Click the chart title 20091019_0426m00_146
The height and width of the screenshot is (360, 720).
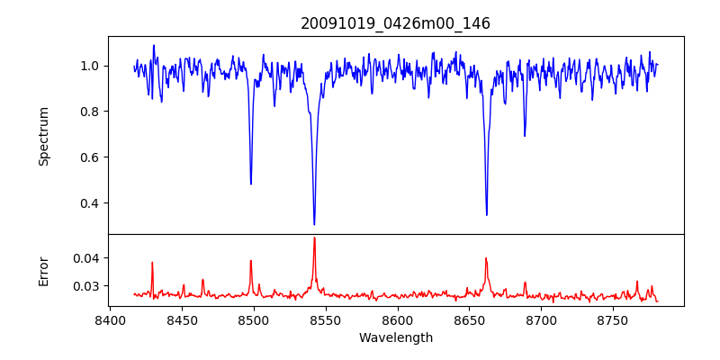[395, 23]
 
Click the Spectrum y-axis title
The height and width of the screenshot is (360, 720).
[43, 136]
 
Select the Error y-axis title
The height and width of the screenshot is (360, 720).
[43, 270]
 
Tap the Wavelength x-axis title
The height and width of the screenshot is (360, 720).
[395, 338]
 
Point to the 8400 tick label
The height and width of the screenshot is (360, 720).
[110, 319]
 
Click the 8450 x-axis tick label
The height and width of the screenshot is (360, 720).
[182, 319]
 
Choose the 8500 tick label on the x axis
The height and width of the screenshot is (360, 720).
[254, 319]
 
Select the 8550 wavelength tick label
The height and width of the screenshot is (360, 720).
[325, 319]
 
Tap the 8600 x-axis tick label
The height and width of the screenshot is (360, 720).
[397, 319]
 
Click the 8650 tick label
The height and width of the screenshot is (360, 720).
[469, 319]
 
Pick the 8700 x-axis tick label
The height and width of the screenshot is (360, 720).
[541, 319]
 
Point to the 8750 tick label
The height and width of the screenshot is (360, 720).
[613, 319]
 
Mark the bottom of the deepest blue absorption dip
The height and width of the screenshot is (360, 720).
[314, 224]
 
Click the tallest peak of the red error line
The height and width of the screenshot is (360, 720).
[314, 238]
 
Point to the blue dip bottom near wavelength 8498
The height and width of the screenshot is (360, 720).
[251, 184]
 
